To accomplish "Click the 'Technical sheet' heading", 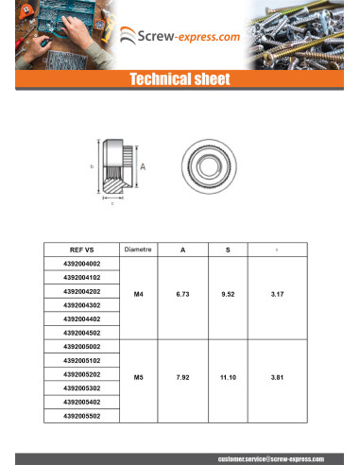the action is point(180,79).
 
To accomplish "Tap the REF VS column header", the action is point(82,250).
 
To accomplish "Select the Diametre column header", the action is point(138,250).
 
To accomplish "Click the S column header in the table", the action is point(227,250).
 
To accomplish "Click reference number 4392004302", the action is point(82,305).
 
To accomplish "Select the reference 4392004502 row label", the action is point(82,333).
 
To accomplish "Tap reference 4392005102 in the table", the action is point(82,360).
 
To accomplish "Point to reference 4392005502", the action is point(82,415).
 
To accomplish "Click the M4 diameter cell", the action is point(138,295).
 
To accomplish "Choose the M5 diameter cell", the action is point(138,377).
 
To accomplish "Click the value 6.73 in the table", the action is point(182,295).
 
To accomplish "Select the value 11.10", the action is point(227,377).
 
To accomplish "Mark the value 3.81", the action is point(276,377).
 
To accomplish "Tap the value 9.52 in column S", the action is point(227,295).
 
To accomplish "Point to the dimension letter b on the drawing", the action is point(92,166).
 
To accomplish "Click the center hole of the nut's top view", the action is point(205,164).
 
